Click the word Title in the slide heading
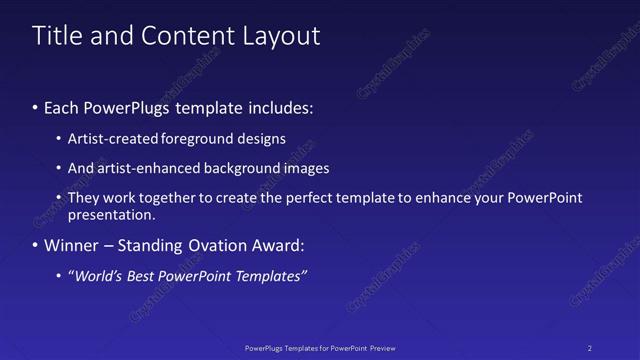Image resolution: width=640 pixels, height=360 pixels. tap(56, 36)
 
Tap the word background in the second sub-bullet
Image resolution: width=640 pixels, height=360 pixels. tap(240, 168)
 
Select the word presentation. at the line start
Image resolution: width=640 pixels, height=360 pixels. tap(111, 215)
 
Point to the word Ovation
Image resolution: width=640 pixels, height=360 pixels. tap(222, 246)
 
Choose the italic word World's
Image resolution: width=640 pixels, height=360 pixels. tap(98, 276)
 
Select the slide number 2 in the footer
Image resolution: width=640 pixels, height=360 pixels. tap(590, 347)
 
